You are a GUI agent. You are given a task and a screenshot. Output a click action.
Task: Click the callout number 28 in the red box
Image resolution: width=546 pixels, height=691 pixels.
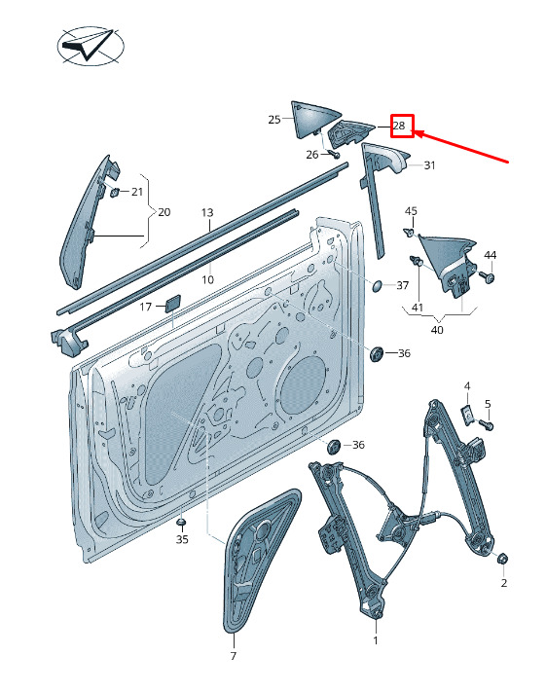coord(399,126)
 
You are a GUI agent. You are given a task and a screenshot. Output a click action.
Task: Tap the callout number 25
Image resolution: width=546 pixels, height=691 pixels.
coord(274,119)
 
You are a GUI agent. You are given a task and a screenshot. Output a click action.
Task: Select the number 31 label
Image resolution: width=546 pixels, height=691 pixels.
coord(429,165)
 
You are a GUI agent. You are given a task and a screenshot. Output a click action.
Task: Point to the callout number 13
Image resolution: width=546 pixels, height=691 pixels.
coord(207,212)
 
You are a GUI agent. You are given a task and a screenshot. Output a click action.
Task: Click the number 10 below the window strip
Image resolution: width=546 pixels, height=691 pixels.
coord(207,279)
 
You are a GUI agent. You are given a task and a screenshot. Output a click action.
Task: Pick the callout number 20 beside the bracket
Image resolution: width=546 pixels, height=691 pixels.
coord(164,212)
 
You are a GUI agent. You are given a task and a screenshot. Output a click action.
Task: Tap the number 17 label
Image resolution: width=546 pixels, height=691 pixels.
coord(146,307)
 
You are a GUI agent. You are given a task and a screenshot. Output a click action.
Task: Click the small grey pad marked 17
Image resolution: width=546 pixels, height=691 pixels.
coord(172,304)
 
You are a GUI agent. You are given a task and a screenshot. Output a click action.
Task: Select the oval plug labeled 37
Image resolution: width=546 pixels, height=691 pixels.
coord(378,285)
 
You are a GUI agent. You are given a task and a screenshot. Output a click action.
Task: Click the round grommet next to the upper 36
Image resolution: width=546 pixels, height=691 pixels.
coord(377,354)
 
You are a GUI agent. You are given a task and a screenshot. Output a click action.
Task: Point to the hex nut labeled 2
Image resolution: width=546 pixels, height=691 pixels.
coord(503,559)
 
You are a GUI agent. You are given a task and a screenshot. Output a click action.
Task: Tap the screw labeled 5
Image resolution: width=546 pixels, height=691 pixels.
coord(486,425)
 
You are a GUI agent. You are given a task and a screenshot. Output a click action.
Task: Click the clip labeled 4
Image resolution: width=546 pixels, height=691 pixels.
coord(467,415)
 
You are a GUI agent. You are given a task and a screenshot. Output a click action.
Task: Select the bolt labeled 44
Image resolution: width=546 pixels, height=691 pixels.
coord(488,276)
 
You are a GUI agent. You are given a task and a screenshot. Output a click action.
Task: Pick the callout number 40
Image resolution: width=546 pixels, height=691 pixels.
coord(437,330)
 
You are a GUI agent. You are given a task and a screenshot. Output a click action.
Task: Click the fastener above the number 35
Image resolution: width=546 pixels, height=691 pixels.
coord(181,523)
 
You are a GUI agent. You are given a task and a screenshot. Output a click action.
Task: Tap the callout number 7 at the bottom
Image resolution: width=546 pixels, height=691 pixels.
coord(234,656)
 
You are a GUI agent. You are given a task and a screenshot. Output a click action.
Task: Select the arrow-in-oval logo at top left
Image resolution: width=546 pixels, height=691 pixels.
coord(91,46)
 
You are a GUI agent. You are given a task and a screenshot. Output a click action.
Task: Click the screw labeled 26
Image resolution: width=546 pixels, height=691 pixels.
coord(335,154)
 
